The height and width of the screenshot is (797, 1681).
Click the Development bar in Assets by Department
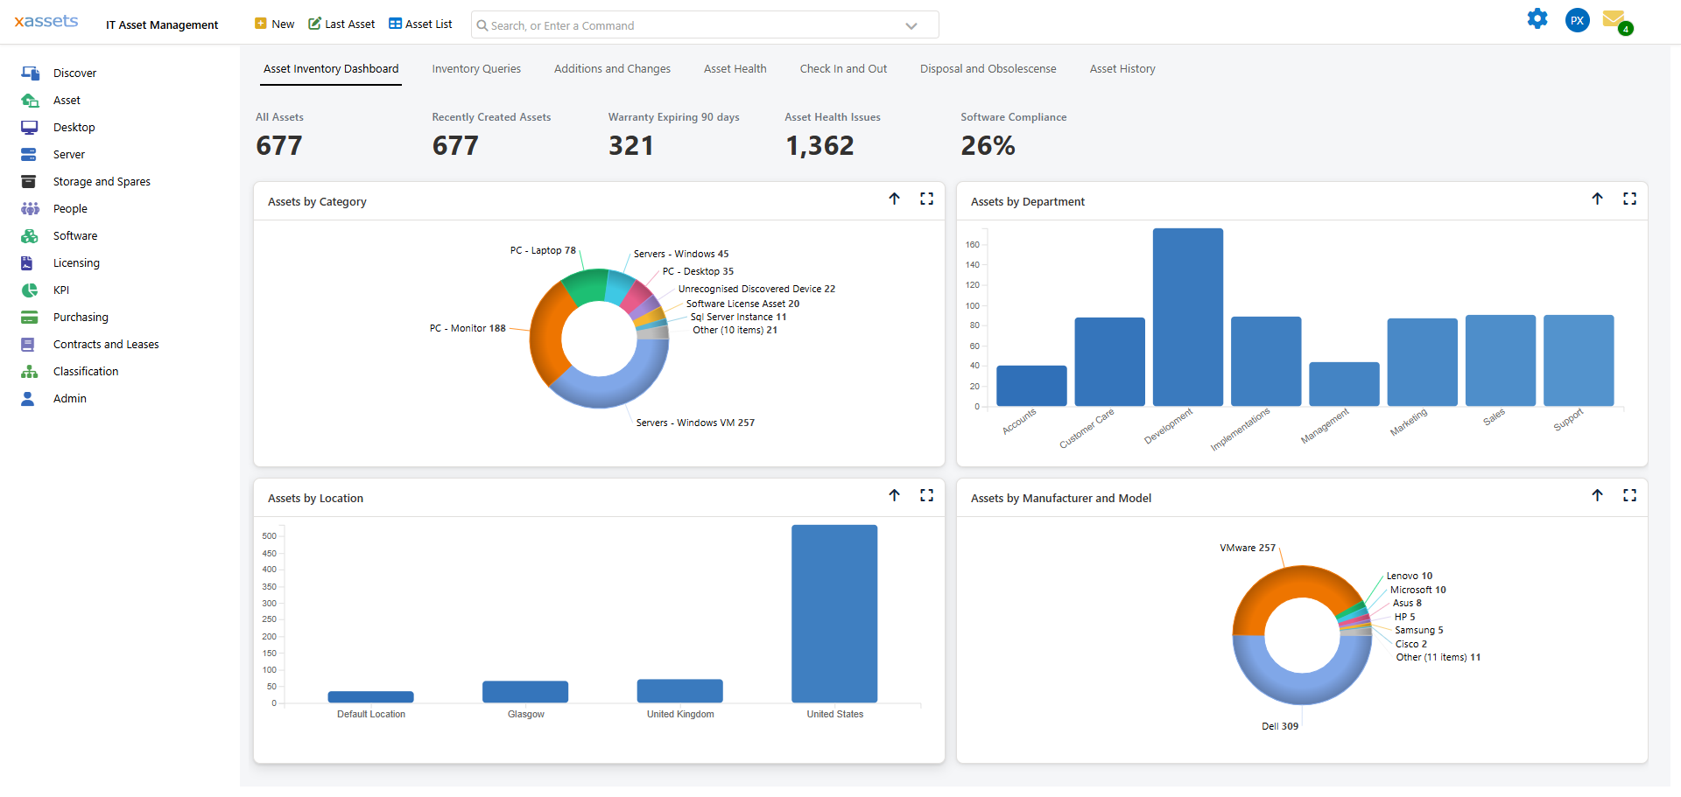[1187, 317]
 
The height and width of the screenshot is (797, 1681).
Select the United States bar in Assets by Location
[833, 613]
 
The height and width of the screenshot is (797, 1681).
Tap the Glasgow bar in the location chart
[525, 691]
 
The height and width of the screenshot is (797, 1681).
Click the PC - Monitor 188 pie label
[468, 329]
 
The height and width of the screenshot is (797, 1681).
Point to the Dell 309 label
[1279, 727]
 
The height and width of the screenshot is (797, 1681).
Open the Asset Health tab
[735, 69]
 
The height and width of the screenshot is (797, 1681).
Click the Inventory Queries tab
[475, 69]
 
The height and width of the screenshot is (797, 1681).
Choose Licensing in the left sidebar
[76, 263]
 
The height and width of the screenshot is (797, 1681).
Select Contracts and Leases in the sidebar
[106, 345]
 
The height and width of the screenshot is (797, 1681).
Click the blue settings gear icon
[1537, 19]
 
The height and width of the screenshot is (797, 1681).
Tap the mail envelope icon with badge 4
[1613, 19]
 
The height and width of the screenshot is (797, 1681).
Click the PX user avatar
[1577, 20]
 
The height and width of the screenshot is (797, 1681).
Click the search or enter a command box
[692, 25]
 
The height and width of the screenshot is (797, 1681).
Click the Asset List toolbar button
[420, 24]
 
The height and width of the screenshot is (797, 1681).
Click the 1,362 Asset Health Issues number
[819, 146]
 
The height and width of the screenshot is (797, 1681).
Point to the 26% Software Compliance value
[988, 146]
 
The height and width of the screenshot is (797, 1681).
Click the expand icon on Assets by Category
[926, 199]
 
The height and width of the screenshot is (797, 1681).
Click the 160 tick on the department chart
[973, 245]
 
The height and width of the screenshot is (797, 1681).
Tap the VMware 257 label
[1247, 549]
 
